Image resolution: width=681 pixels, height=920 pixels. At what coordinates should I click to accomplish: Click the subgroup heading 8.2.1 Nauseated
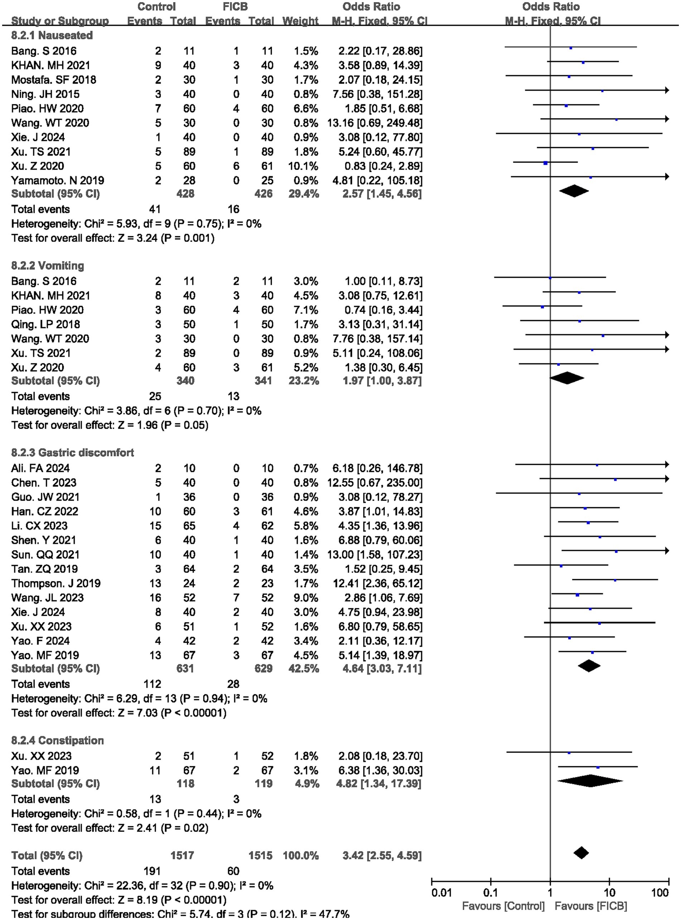pyautogui.click(x=52, y=35)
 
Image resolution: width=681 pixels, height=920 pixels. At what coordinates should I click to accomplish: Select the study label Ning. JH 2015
pyautogui.click(x=45, y=94)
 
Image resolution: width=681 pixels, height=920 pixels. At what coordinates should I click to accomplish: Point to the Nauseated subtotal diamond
pyautogui.click(x=574, y=191)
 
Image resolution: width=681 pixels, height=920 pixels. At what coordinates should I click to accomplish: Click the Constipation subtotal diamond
pyautogui.click(x=590, y=781)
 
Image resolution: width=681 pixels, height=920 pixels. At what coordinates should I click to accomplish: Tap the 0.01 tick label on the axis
pyautogui.click(x=441, y=893)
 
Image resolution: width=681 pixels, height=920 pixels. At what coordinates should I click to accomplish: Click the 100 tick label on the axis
pyautogui.click(x=660, y=893)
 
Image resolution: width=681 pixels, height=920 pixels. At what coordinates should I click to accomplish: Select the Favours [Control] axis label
pyautogui.click(x=503, y=906)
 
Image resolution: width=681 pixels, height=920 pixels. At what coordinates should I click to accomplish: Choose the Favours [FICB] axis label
pyautogui.click(x=591, y=906)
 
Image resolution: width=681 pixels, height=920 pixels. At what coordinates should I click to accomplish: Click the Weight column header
pyautogui.click(x=300, y=21)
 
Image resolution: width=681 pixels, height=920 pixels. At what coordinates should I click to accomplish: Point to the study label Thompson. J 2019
pyautogui.click(x=55, y=583)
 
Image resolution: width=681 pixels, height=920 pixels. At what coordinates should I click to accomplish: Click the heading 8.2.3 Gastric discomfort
pyautogui.click(x=73, y=453)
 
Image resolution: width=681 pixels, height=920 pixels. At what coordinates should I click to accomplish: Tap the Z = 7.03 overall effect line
pyautogui.click(x=119, y=713)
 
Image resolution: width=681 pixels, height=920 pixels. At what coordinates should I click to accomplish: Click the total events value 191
pyautogui.click(x=152, y=871)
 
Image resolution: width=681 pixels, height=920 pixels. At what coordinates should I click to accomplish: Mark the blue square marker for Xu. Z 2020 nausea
pyautogui.click(x=545, y=163)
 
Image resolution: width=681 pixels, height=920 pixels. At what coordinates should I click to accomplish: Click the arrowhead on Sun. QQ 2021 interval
pyautogui.click(x=666, y=551)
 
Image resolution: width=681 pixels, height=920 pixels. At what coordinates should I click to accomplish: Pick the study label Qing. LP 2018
pyautogui.click(x=45, y=324)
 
